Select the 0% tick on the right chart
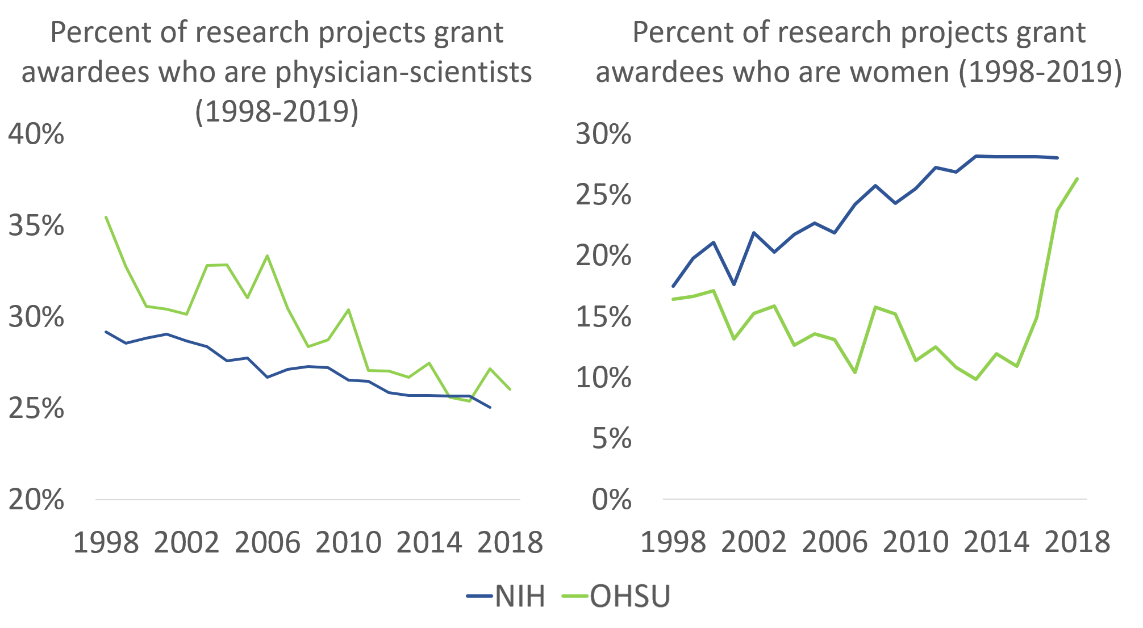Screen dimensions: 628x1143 point(611,500)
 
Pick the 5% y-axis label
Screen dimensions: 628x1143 point(611,439)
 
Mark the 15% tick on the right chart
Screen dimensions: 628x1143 point(603,317)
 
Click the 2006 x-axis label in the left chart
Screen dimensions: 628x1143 point(267,542)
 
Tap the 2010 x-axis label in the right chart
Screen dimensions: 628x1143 point(915,542)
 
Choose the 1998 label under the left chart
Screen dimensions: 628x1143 point(106,542)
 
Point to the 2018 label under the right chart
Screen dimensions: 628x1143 point(1077,542)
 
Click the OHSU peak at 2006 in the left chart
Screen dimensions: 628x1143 point(268,256)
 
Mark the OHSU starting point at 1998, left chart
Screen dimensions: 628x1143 point(106,217)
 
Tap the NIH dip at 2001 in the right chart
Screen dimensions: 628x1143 point(734,284)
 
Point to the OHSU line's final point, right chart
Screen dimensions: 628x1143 point(1078,179)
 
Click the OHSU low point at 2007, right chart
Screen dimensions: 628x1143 point(855,372)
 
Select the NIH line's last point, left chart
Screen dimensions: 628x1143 point(490,407)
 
